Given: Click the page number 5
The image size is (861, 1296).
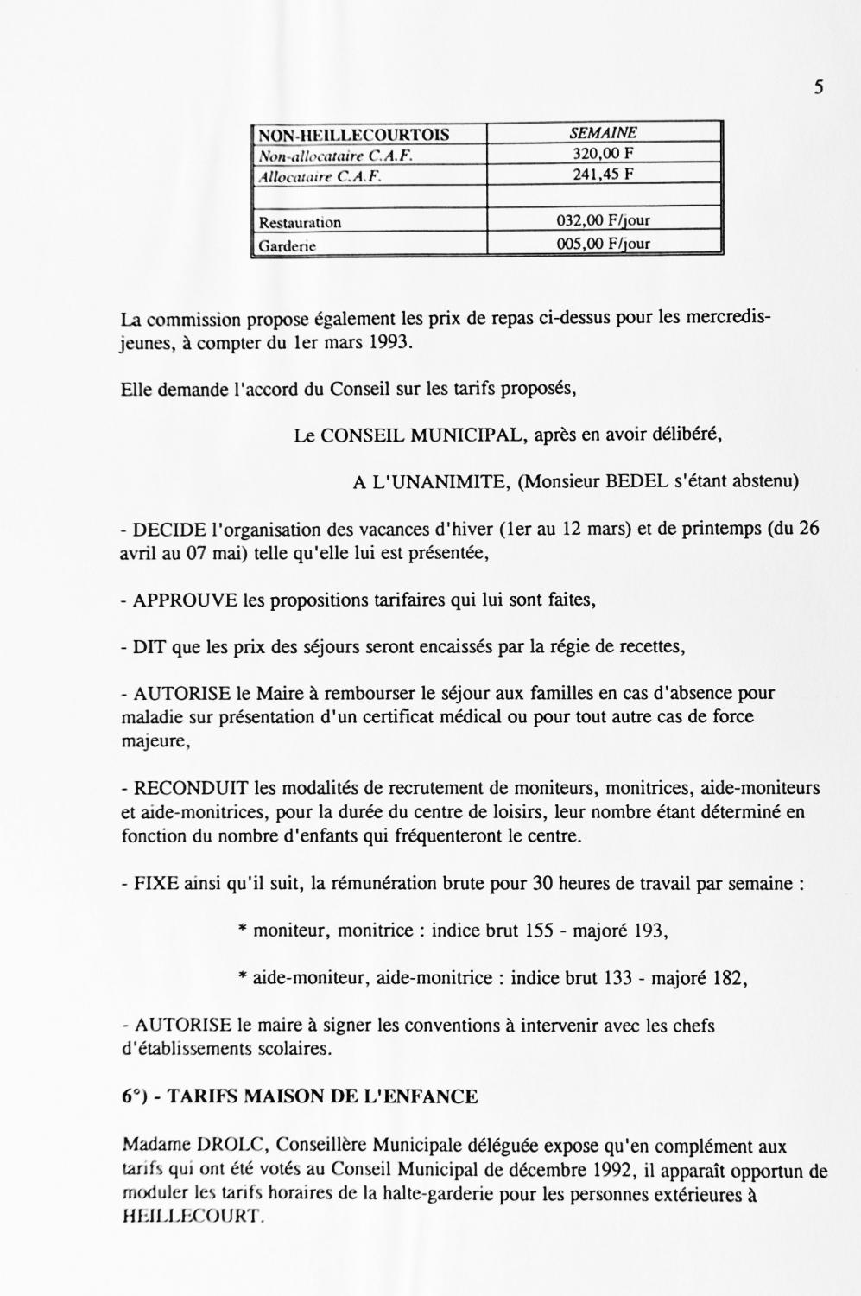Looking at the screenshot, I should pyautogui.click(x=818, y=87).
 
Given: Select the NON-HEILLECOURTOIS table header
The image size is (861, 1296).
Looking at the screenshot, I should pyautogui.click(x=354, y=135).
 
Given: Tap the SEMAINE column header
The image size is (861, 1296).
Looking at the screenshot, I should pyautogui.click(x=603, y=133).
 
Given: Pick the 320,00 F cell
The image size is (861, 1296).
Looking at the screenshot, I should pyautogui.click(x=603, y=154).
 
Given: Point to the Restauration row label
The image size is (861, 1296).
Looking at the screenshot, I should pyautogui.click(x=301, y=223).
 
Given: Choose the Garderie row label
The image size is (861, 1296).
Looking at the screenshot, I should pyautogui.click(x=288, y=245).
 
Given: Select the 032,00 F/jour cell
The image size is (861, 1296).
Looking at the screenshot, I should pyautogui.click(x=603, y=221).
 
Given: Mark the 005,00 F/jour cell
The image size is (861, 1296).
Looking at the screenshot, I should pyautogui.click(x=603, y=244).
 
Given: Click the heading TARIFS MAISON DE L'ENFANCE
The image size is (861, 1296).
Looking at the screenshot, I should pyautogui.click(x=321, y=1097).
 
